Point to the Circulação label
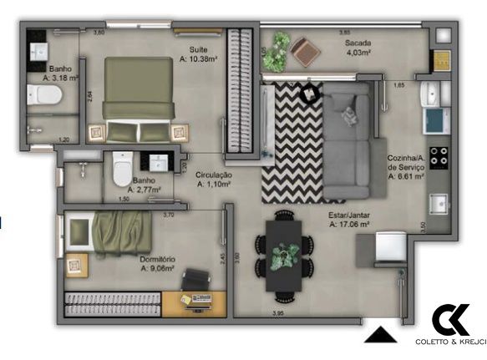pyautogui.click(x=214, y=175)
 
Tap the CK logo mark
pyautogui.click(x=451, y=320)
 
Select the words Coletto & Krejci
pyautogui.click(x=450, y=342)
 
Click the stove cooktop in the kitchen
pyautogui.click(x=439, y=155)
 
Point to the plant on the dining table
pyautogui.click(x=286, y=251)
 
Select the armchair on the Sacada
pyautogui.click(x=307, y=52)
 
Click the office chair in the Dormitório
pyautogui.click(x=197, y=279)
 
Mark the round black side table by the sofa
pyautogui.click(x=309, y=94)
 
